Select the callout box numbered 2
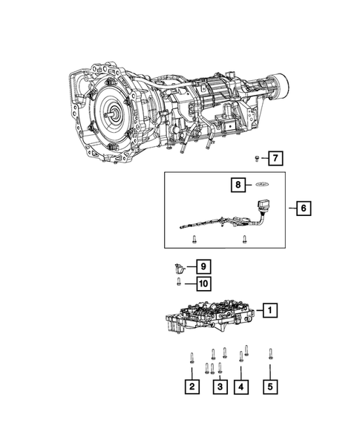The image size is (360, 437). pyautogui.click(x=192, y=387)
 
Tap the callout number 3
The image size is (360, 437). pyautogui.click(x=220, y=387)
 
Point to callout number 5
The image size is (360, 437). pyautogui.click(x=270, y=387)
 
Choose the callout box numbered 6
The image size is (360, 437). pyautogui.click(x=303, y=208)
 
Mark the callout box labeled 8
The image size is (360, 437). pyautogui.click(x=240, y=185)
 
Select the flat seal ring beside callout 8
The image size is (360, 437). pyautogui.click(x=261, y=185)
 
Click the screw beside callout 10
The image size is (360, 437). pyautogui.click(x=178, y=282)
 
